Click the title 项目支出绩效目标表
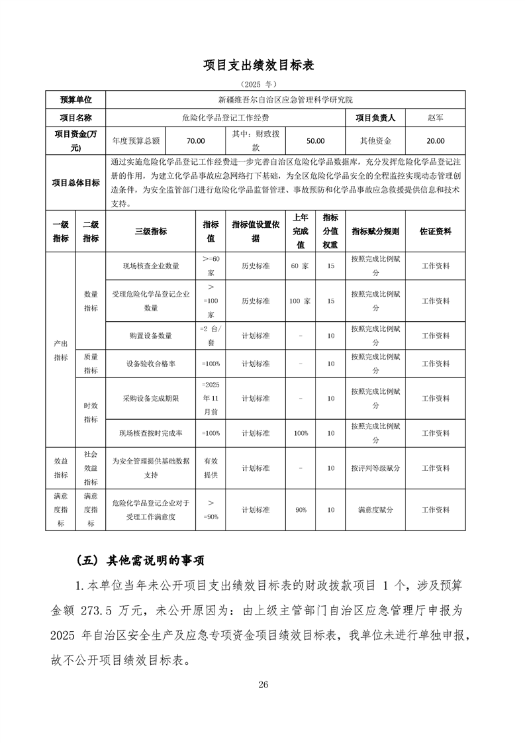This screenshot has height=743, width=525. (x=262, y=65)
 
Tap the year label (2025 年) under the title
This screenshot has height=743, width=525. (x=262, y=85)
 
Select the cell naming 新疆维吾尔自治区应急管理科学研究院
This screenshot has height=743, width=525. (x=285, y=100)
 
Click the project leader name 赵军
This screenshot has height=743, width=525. (x=436, y=118)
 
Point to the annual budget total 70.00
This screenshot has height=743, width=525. (x=195, y=141)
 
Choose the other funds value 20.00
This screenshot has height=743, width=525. (x=436, y=141)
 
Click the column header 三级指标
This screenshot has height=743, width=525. (x=151, y=232)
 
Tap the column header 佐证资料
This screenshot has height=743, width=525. (x=436, y=232)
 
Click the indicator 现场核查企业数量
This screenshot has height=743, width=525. (x=151, y=266)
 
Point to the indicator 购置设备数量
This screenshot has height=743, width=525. (x=151, y=336)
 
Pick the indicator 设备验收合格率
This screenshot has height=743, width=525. (x=151, y=364)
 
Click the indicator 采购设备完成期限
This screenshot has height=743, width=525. (x=151, y=399)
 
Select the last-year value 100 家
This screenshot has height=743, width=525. (x=301, y=301)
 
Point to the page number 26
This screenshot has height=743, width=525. (x=263, y=684)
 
